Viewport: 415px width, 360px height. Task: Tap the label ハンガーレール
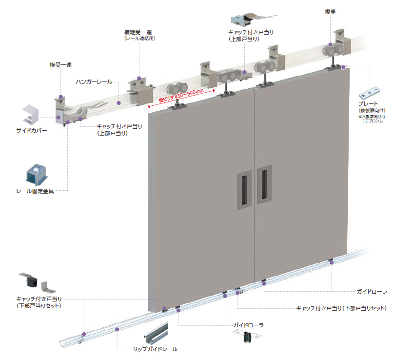[94, 81]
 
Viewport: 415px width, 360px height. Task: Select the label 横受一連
[60, 64]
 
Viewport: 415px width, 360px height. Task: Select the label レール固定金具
[35, 191]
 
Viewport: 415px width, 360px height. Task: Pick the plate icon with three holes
[372, 93]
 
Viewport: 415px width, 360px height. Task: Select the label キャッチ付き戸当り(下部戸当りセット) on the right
[341, 308]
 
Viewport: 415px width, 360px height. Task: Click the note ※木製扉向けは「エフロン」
[371, 119]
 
